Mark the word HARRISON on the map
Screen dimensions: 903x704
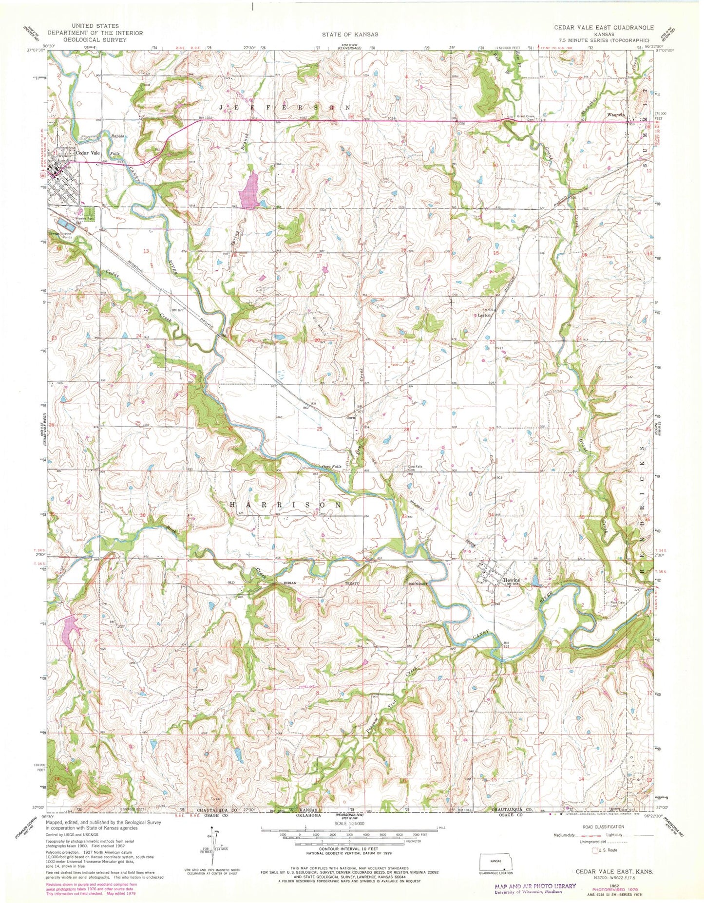(x=285, y=505)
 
